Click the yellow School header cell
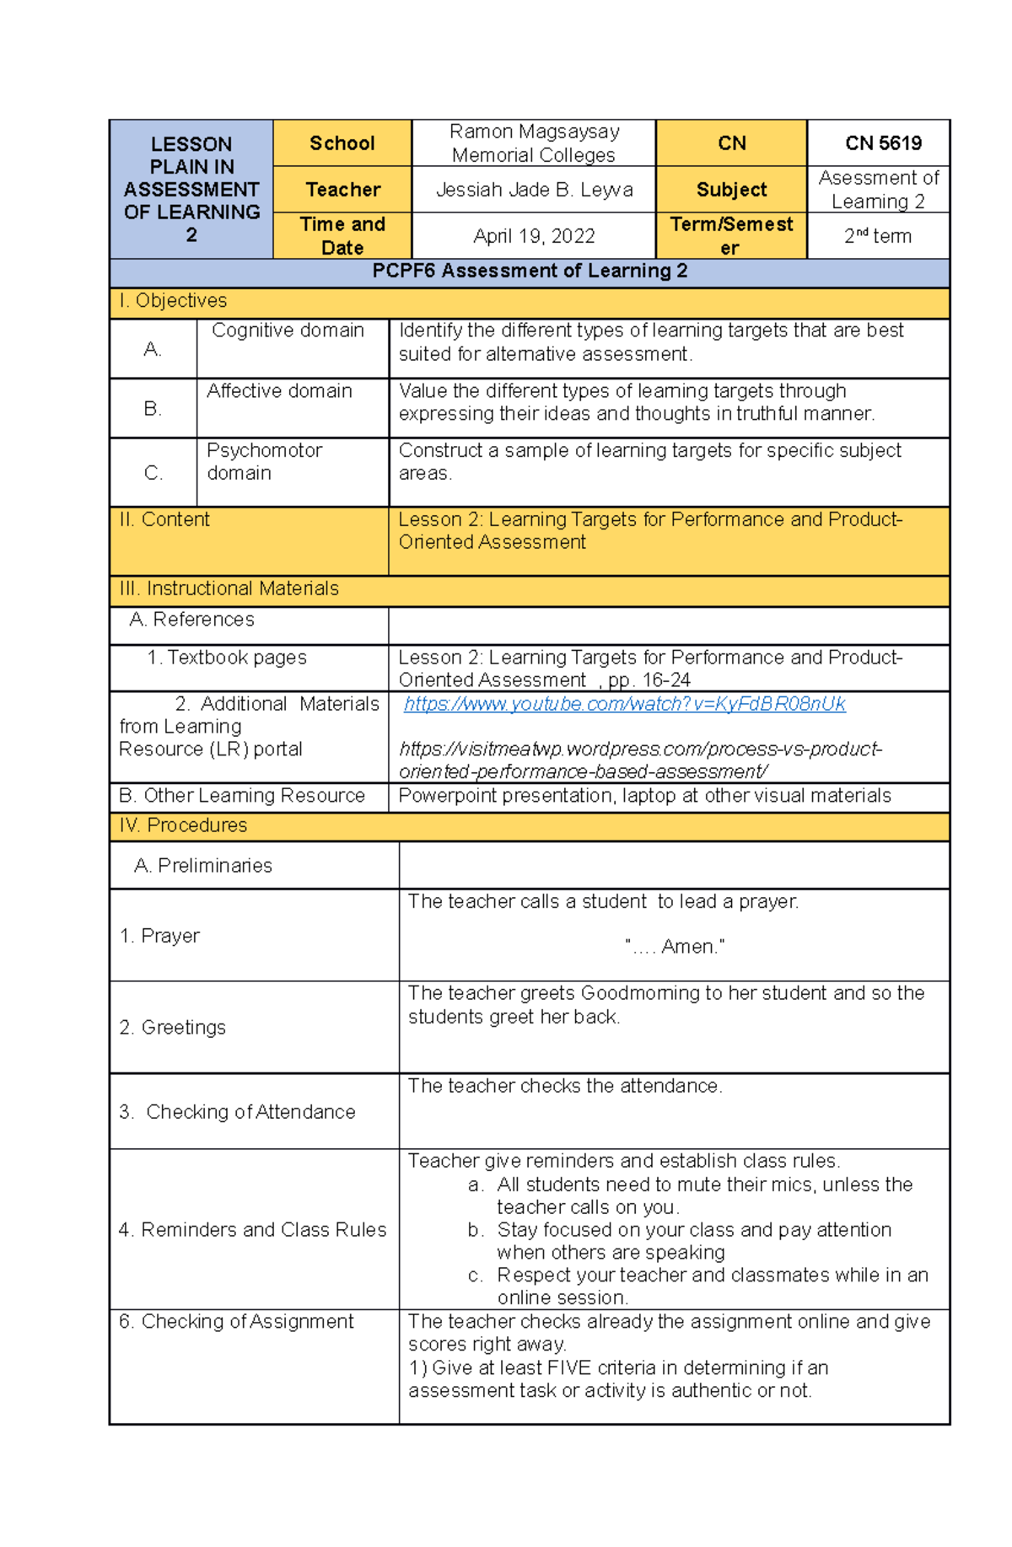tap(342, 143)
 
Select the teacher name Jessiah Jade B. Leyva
tap(534, 190)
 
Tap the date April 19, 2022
tap(534, 236)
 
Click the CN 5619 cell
tap(882, 143)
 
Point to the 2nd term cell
tap(877, 236)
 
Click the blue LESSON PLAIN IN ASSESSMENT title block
tap(191, 189)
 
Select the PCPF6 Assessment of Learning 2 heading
tap(530, 271)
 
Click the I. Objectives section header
tap(173, 301)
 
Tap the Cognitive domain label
tap(288, 330)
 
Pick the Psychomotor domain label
tap(264, 461)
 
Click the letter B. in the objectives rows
tap(153, 409)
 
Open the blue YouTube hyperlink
tap(624, 704)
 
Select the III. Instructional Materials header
tap(229, 588)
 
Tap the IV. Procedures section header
tap(183, 825)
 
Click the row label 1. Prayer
tap(159, 936)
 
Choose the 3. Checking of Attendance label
tap(237, 1112)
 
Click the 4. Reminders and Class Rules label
tap(252, 1229)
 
